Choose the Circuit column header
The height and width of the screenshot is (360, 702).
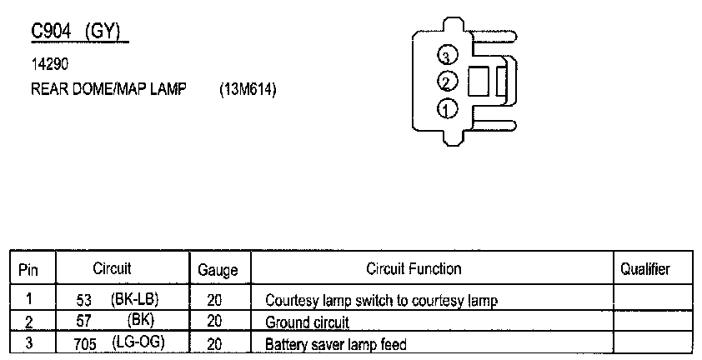click(112, 269)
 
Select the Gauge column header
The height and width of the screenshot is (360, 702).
click(218, 270)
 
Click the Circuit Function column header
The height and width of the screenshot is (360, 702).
click(414, 269)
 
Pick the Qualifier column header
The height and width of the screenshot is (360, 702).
click(645, 269)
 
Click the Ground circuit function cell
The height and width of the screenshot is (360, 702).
click(307, 322)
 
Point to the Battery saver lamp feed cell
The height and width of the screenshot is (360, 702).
click(335, 343)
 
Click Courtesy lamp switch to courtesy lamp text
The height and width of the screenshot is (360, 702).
click(381, 300)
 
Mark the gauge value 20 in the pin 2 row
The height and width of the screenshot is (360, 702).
click(214, 321)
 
